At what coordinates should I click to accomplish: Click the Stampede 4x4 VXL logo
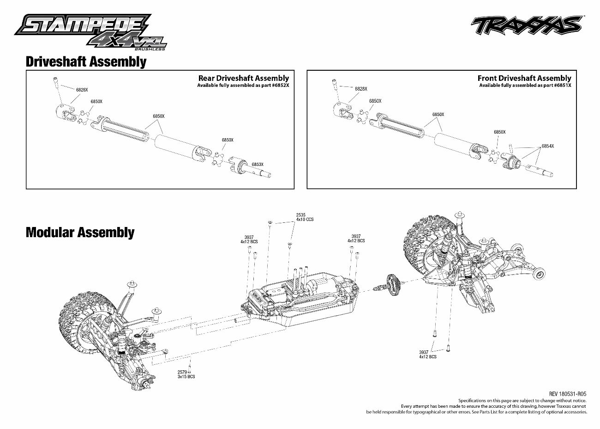click(x=90, y=31)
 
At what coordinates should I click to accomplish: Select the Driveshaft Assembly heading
click(x=86, y=61)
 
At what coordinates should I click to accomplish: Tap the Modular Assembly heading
click(x=80, y=232)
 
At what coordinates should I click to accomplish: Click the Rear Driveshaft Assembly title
click(x=243, y=78)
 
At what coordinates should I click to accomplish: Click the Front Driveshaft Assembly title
click(x=524, y=78)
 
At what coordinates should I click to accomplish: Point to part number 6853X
click(x=258, y=164)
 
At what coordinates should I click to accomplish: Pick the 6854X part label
click(x=548, y=146)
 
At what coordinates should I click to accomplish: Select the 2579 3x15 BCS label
click(x=186, y=374)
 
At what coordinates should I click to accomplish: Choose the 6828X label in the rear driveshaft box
click(x=82, y=90)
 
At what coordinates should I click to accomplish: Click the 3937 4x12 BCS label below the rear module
click(x=428, y=354)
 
